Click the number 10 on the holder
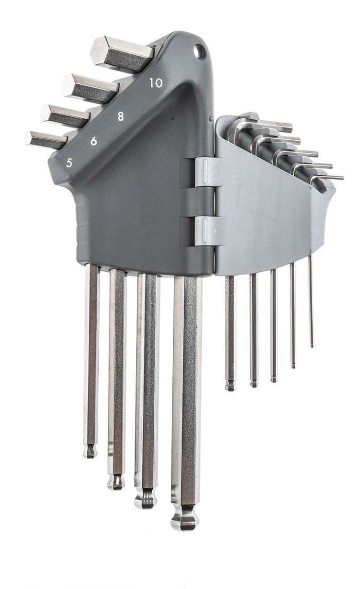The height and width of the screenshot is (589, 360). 156,83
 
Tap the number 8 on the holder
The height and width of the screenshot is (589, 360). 120,116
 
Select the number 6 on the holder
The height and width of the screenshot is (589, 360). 94,140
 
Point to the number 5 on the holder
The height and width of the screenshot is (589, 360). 69,163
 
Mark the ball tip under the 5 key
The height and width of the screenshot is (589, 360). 91,451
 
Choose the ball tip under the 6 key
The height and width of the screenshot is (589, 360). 116,481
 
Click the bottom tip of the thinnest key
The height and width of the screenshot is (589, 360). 312,343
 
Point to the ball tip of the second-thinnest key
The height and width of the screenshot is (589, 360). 293,364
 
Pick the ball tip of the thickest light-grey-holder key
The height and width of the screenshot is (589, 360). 230,385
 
